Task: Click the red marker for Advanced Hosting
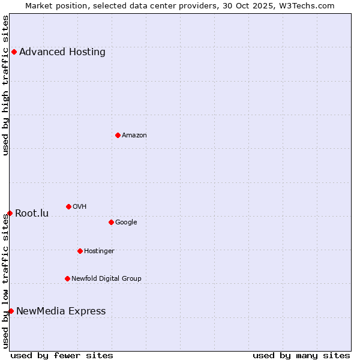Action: click(x=14, y=52)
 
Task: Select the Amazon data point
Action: click(x=118, y=135)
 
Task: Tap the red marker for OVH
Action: click(x=68, y=206)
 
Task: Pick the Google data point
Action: click(x=111, y=222)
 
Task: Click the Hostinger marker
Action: click(x=80, y=251)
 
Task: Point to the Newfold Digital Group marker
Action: click(x=67, y=278)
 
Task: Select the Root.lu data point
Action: click(x=10, y=213)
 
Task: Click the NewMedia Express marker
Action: click(x=11, y=311)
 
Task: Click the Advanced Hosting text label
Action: click(x=62, y=52)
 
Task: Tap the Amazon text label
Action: click(x=134, y=135)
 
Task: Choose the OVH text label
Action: click(x=80, y=206)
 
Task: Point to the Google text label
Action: click(x=126, y=222)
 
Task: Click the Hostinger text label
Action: click(x=99, y=251)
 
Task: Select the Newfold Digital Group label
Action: click(x=106, y=278)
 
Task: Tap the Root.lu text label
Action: click(x=32, y=213)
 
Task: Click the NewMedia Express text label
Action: click(x=61, y=311)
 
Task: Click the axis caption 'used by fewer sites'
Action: click(x=62, y=355)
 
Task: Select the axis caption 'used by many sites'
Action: click(x=301, y=355)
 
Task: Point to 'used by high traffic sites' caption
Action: click(x=5, y=86)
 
